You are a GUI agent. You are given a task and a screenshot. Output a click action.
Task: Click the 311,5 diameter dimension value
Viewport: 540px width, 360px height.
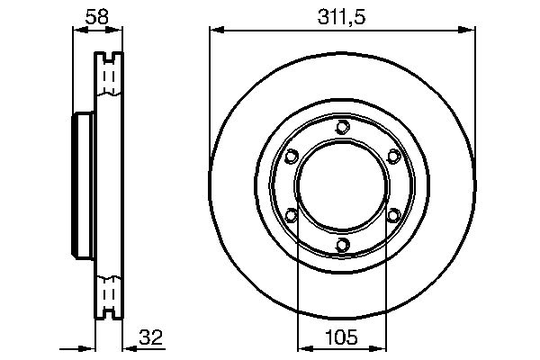[x=341, y=17]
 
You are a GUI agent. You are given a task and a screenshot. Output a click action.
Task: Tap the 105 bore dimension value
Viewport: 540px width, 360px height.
[x=341, y=337]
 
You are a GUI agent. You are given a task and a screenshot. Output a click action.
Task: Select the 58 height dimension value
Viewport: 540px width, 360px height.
[x=97, y=17]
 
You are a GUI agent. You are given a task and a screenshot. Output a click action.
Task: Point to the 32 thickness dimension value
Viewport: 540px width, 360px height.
[x=150, y=337]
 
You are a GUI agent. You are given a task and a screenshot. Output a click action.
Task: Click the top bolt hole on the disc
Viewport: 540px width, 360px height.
[x=343, y=127]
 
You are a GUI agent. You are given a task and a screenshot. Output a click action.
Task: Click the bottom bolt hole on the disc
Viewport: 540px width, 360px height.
[x=343, y=245]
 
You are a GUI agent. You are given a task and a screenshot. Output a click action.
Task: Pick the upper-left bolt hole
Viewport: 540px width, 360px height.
[x=291, y=156]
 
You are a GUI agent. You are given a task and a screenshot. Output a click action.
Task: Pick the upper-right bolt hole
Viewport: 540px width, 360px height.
[x=394, y=156]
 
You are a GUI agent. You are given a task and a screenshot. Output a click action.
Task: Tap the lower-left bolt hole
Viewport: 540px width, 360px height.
[x=291, y=216]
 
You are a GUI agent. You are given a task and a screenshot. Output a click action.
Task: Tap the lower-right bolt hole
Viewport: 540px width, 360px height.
[x=394, y=216]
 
